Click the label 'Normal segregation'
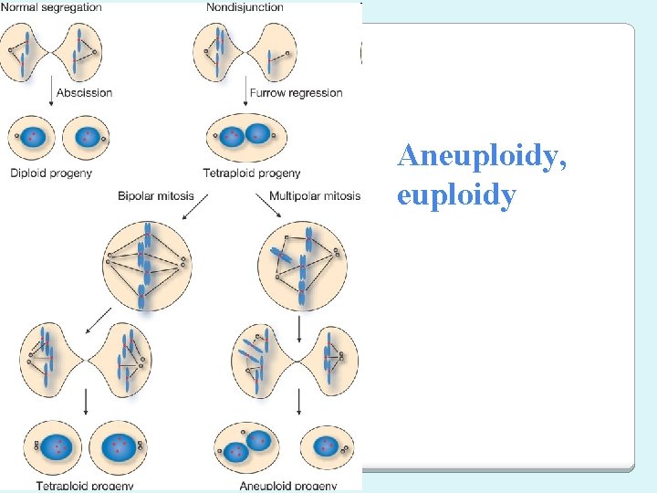pyautogui.click(x=51, y=7)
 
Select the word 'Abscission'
pyautogui.click(x=84, y=92)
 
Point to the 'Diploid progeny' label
pyautogui.click(x=51, y=173)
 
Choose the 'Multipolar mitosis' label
pyautogui.click(x=315, y=195)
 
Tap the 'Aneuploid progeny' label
pyautogui.click(x=287, y=486)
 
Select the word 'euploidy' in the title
pyautogui.click(x=456, y=195)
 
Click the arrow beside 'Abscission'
pyautogui.click(x=51, y=92)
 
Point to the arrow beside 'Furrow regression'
pyautogui.click(x=249, y=92)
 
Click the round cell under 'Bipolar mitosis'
pyautogui.click(x=146, y=265)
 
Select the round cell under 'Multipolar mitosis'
pyautogui.click(x=301, y=265)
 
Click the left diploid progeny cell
pyautogui.click(x=32, y=137)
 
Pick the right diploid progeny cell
pyautogui.click(x=87, y=137)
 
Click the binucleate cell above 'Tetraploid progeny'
pyautogui.click(x=246, y=136)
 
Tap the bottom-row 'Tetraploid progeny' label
pyautogui.click(x=85, y=486)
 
